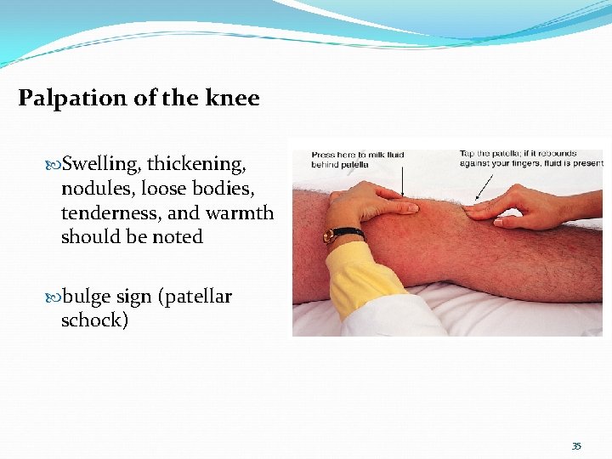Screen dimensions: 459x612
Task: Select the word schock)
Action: pos(94,321)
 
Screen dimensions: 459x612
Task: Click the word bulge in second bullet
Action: pos(86,297)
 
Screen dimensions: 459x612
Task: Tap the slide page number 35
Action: pos(576,445)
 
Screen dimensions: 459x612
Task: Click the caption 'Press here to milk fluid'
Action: pos(358,155)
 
